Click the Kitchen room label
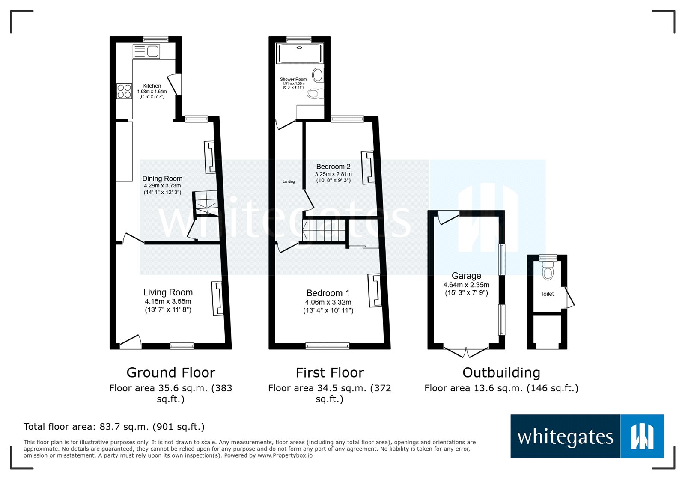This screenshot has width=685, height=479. [x=152, y=86]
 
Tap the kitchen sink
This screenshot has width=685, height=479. [x=146, y=51]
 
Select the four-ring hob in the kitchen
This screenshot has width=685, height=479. [x=124, y=92]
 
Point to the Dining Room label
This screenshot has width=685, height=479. [x=162, y=179]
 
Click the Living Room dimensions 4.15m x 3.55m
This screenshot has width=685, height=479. [x=168, y=301]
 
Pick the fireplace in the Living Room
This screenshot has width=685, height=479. [x=217, y=298]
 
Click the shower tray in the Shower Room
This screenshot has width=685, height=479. [x=300, y=54]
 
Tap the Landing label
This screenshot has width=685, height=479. [x=289, y=181]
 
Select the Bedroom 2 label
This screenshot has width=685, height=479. [x=333, y=167]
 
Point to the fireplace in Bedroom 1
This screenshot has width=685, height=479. [x=375, y=291]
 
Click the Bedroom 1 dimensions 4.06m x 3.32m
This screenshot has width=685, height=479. [x=328, y=302]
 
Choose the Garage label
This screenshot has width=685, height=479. [x=466, y=276]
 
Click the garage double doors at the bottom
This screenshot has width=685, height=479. [x=466, y=352]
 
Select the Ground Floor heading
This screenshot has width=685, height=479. [x=170, y=372]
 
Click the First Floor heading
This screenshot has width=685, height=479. [x=330, y=372]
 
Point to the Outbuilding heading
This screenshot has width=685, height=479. [x=501, y=372]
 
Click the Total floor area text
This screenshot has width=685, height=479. [x=114, y=427]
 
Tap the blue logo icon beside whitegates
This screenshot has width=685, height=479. [x=642, y=436]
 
